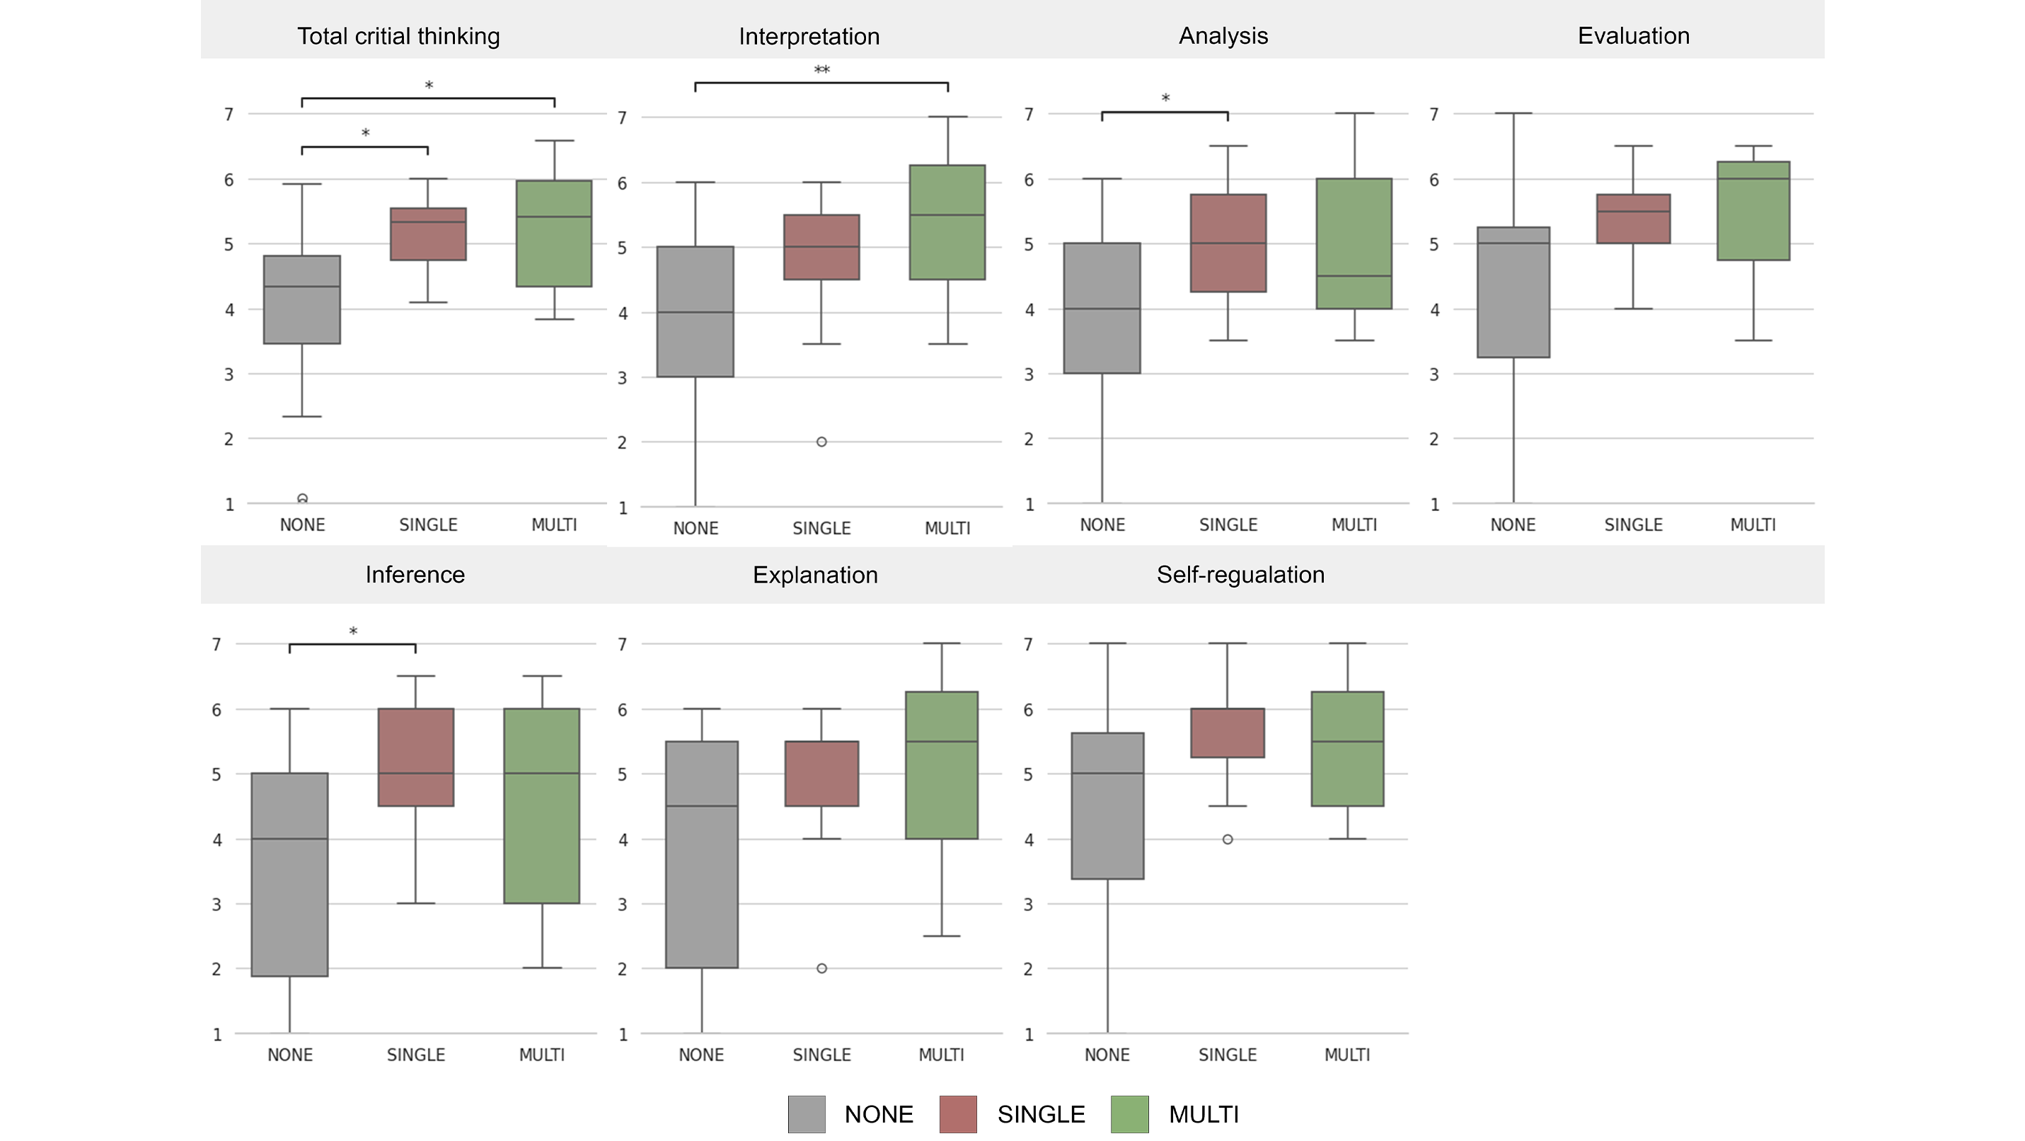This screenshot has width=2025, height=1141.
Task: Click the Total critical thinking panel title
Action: [x=398, y=36]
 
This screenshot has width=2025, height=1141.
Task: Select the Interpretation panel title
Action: [x=809, y=36]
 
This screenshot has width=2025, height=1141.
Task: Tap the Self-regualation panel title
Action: [x=1240, y=575]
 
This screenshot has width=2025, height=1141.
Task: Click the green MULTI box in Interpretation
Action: [x=947, y=222]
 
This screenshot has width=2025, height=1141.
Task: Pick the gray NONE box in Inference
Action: [x=289, y=874]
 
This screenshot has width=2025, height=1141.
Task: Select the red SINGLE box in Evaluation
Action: [x=1633, y=219]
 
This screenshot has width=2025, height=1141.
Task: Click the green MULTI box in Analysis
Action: [x=1354, y=243]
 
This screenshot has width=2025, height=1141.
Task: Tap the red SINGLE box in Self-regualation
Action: [x=1227, y=733]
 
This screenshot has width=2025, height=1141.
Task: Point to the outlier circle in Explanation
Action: [x=821, y=969]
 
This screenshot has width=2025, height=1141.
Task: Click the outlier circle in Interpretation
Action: [x=821, y=442]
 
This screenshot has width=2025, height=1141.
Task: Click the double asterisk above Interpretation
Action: [x=821, y=70]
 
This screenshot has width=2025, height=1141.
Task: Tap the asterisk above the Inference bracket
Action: [x=353, y=631]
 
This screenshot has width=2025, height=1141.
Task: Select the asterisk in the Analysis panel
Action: [x=1165, y=98]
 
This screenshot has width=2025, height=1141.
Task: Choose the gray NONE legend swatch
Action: [x=807, y=1114]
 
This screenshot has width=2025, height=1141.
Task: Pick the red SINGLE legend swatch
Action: [x=957, y=1114]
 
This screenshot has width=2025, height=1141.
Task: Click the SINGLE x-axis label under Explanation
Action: [x=821, y=1055]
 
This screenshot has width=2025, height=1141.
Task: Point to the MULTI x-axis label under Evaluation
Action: [x=1752, y=525]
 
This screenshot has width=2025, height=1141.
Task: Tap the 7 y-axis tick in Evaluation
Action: [x=1434, y=115]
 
